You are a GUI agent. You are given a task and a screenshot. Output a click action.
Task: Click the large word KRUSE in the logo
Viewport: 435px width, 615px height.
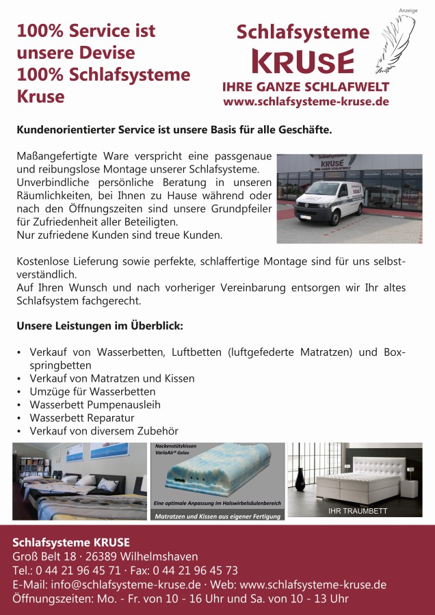[303, 62]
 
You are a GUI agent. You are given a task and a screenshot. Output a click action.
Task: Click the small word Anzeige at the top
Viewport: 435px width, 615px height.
[408, 10]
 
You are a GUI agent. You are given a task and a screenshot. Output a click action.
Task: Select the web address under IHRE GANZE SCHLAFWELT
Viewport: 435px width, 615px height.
[306, 101]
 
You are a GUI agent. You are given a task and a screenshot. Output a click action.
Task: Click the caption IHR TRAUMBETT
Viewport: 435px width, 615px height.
[358, 510]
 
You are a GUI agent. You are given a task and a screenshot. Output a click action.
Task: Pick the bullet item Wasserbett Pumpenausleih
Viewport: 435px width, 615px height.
[95, 404]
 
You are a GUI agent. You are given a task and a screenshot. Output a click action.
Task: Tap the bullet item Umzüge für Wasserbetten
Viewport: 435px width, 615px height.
[92, 391]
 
